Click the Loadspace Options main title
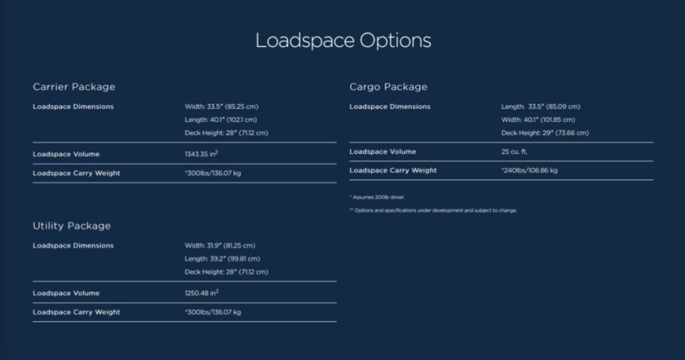[342, 41]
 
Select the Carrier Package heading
[74, 87]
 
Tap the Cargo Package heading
[388, 87]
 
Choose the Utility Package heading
[72, 226]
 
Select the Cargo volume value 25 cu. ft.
[514, 152]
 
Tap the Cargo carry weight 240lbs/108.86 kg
[529, 171]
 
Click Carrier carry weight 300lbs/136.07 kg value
[213, 173]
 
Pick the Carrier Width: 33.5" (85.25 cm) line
[223, 106]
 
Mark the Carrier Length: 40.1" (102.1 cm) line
[221, 120]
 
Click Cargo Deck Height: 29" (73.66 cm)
[545, 133]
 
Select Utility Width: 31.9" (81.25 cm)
[219, 246]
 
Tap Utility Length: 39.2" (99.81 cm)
[222, 259]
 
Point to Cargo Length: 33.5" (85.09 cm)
[541, 106]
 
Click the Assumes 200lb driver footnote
[377, 197]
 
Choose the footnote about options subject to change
[433, 210]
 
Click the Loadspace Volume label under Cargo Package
[383, 152]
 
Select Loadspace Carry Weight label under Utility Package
[76, 312]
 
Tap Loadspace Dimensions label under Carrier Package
[73, 106]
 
